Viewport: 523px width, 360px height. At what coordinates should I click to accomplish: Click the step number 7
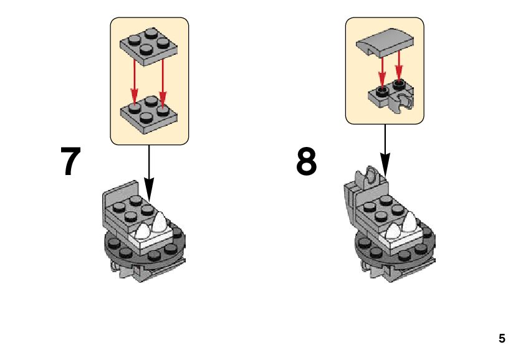click(x=70, y=161)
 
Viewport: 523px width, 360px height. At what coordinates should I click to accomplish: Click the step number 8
click(x=306, y=161)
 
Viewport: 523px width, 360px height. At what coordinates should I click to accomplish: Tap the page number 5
click(x=502, y=339)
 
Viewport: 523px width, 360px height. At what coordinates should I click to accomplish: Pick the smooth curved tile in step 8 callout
click(x=384, y=44)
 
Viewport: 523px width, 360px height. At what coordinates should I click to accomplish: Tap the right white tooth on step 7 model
click(x=161, y=222)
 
